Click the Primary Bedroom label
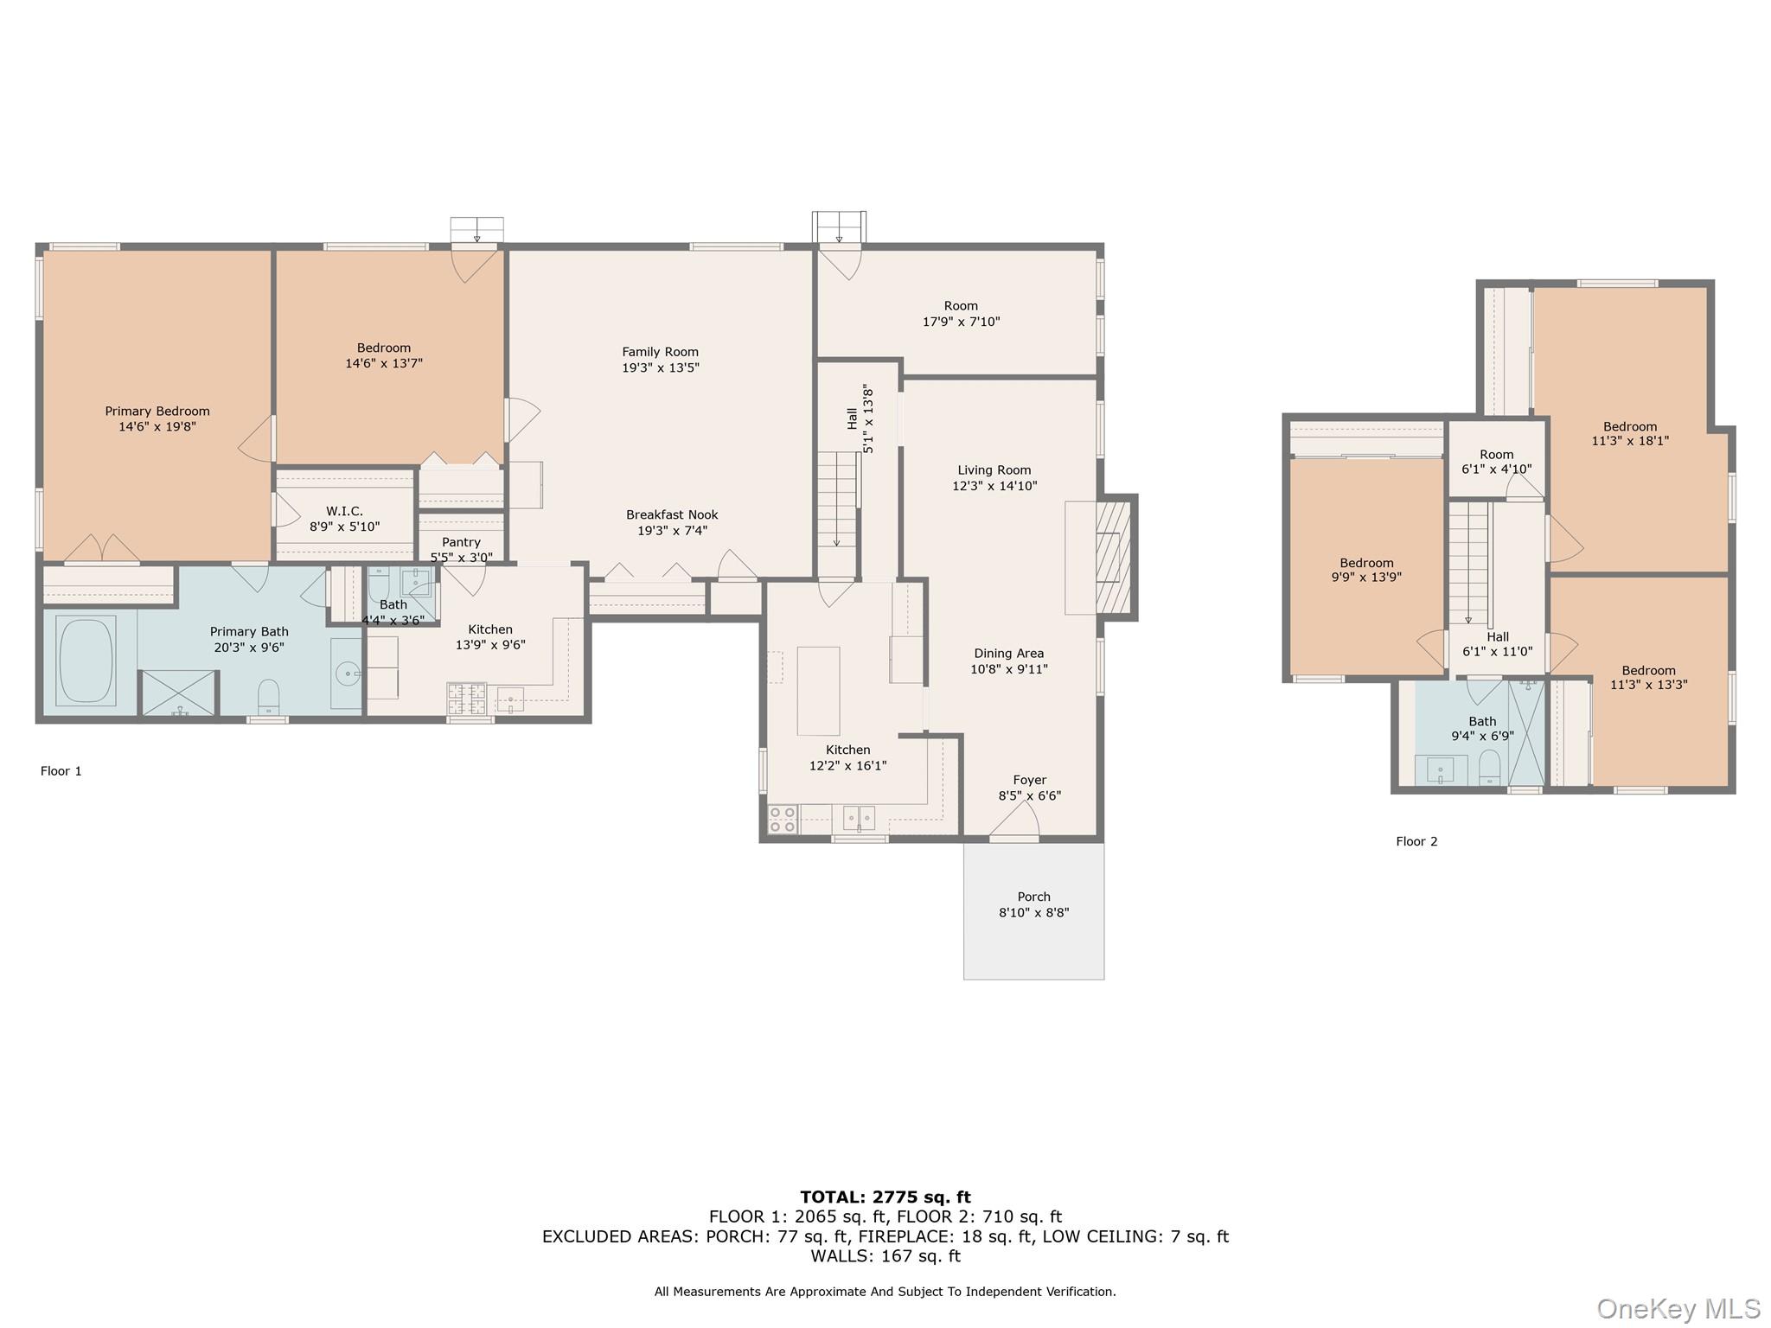(157, 412)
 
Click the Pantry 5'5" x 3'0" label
(461, 550)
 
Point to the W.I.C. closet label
(344, 512)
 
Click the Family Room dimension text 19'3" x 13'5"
(661, 367)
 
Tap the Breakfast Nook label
(672, 515)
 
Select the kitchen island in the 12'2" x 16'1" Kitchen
(818, 691)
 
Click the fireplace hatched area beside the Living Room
(1113, 558)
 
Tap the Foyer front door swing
(1016, 820)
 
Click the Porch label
(1033, 897)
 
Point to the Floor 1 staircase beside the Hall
(836, 501)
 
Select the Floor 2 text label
(1416, 841)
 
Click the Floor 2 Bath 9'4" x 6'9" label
(1482, 729)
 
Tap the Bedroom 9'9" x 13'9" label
(1366, 570)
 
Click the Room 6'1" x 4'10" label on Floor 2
(1496, 462)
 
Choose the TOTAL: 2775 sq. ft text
(885, 1197)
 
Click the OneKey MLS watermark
(1678, 1309)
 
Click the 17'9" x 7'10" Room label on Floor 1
(961, 314)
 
